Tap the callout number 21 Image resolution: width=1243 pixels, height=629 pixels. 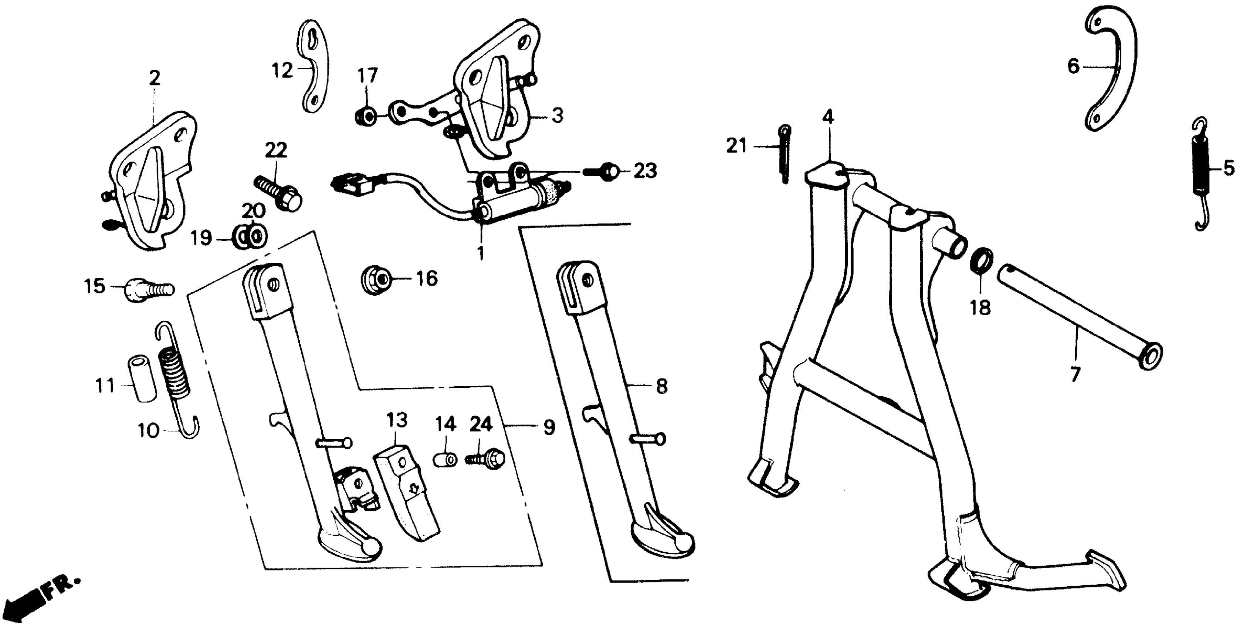click(x=736, y=145)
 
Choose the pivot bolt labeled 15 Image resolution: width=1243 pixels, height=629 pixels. click(x=148, y=290)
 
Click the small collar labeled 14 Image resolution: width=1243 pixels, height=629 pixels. click(x=446, y=458)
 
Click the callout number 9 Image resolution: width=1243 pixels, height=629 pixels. click(x=549, y=427)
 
